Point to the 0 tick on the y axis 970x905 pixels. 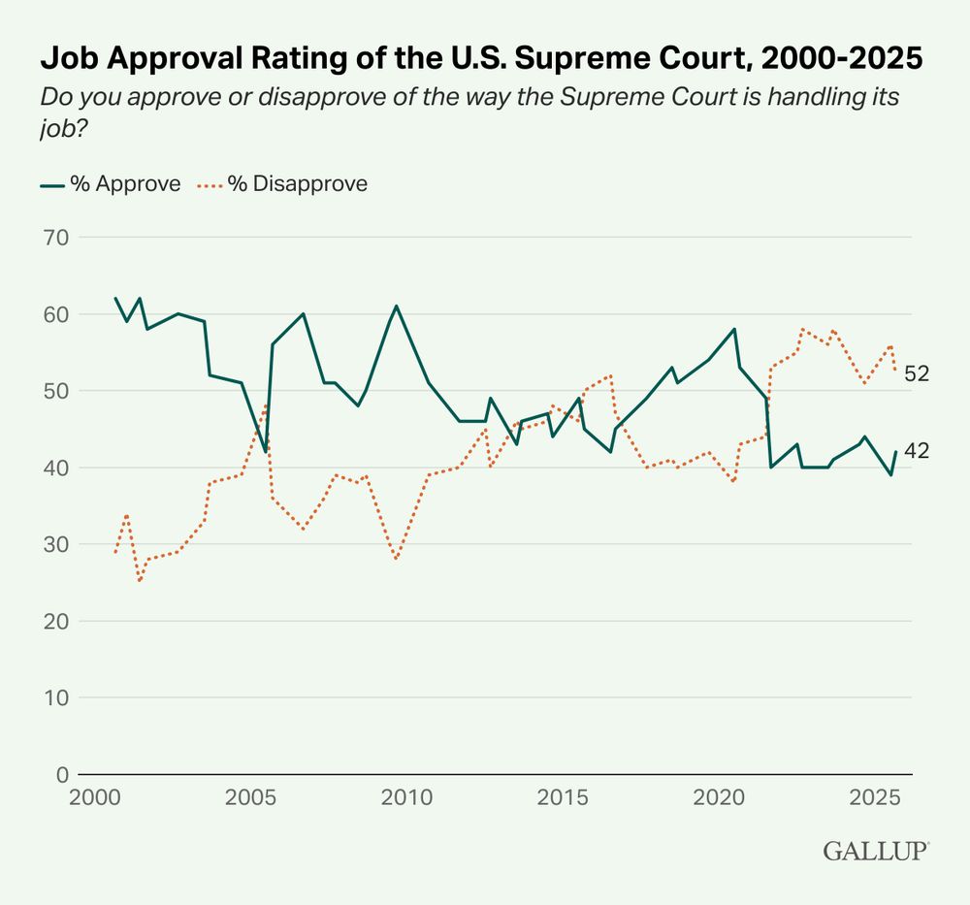[60, 775]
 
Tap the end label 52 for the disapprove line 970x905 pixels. [917, 373]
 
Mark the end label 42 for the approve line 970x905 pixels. [917, 450]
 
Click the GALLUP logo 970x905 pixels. [876, 852]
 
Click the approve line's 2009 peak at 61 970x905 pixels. [397, 307]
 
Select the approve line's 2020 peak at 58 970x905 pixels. [734, 329]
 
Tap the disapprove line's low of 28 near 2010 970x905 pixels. [396, 560]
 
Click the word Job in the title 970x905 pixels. [62, 60]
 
